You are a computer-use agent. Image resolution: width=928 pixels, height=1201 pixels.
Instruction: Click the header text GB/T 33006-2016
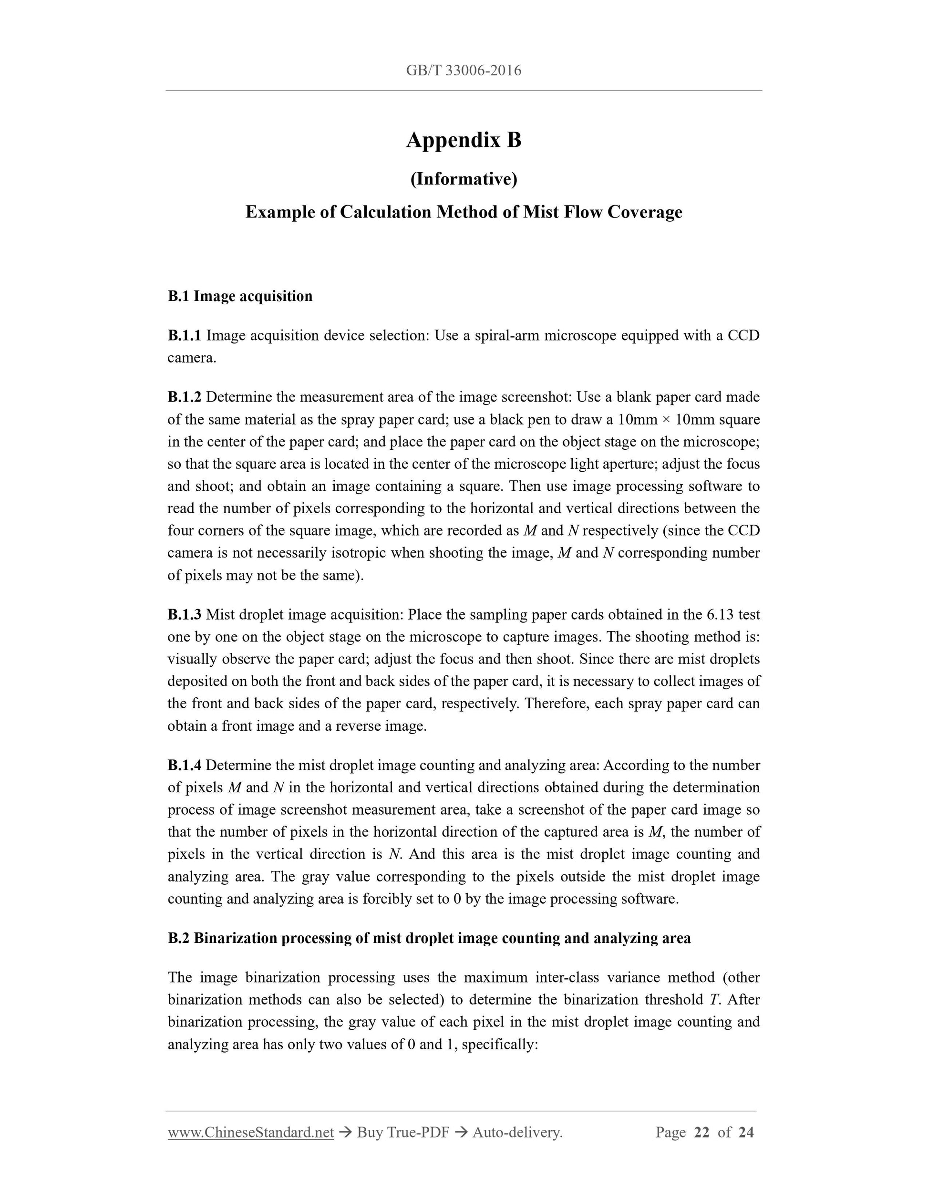464,71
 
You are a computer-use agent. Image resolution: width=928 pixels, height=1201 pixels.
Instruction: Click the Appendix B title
464,140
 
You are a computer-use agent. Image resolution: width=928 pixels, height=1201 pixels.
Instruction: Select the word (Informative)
464,179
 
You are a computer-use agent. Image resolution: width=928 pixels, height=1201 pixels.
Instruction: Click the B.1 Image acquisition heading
240,296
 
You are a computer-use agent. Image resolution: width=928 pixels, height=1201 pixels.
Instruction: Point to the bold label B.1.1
184,335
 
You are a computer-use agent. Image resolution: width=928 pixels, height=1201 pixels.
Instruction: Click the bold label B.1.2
184,397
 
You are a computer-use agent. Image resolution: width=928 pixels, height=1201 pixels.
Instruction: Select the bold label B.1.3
184,614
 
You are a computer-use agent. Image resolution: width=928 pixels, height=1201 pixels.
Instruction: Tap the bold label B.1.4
184,766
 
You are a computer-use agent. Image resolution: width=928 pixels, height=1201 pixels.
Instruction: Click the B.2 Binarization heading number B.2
179,939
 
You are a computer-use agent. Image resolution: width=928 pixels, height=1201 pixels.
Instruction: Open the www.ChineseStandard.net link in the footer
251,1132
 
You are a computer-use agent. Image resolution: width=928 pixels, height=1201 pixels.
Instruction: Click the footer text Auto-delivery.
517,1132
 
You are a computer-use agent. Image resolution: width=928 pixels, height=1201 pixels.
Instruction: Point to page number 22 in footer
701,1132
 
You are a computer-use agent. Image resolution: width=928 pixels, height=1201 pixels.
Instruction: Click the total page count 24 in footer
745,1132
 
